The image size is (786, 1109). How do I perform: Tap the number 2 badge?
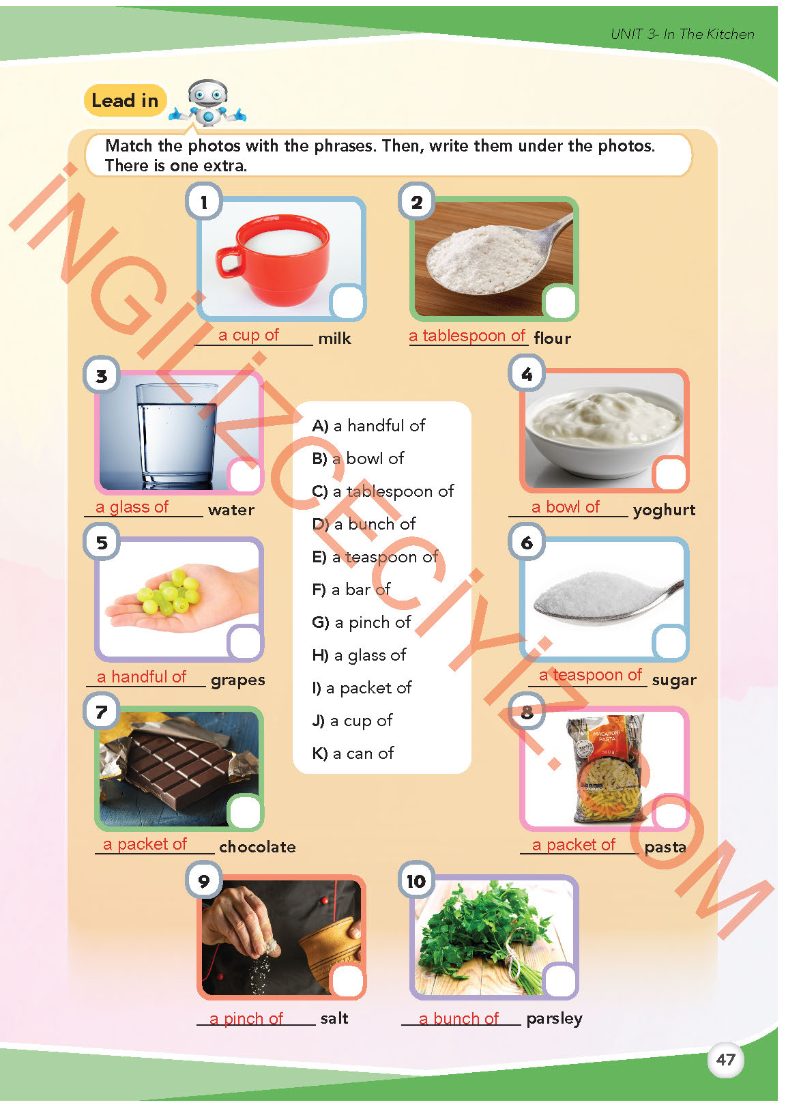pyautogui.click(x=416, y=202)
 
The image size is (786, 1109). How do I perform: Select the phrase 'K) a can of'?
pyautogui.click(x=353, y=753)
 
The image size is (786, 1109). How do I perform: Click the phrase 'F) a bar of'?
pyautogui.click(x=351, y=590)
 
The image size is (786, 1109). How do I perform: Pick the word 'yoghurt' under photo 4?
pyautogui.click(x=664, y=510)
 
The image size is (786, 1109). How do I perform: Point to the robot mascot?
pyautogui.click(x=207, y=104)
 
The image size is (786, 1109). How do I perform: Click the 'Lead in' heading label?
pyautogui.click(x=125, y=101)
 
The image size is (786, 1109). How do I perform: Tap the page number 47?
pyautogui.click(x=725, y=1060)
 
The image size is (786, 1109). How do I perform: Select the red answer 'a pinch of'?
pyautogui.click(x=246, y=1019)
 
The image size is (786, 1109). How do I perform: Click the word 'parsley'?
pyautogui.click(x=554, y=1019)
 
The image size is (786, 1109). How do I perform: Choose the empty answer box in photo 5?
pyautogui.click(x=244, y=642)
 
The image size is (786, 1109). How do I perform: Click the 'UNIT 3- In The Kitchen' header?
pyautogui.click(x=682, y=34)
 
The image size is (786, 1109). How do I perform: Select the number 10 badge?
pyautogui.click(x=416, y=881)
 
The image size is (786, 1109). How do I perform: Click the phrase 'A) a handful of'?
pyautogui.click(x=368, y=426)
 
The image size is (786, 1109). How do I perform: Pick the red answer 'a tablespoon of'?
pyautogui.click(x=467, y=336)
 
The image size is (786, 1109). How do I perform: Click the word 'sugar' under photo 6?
pyautogui.click(x=674, y=680)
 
